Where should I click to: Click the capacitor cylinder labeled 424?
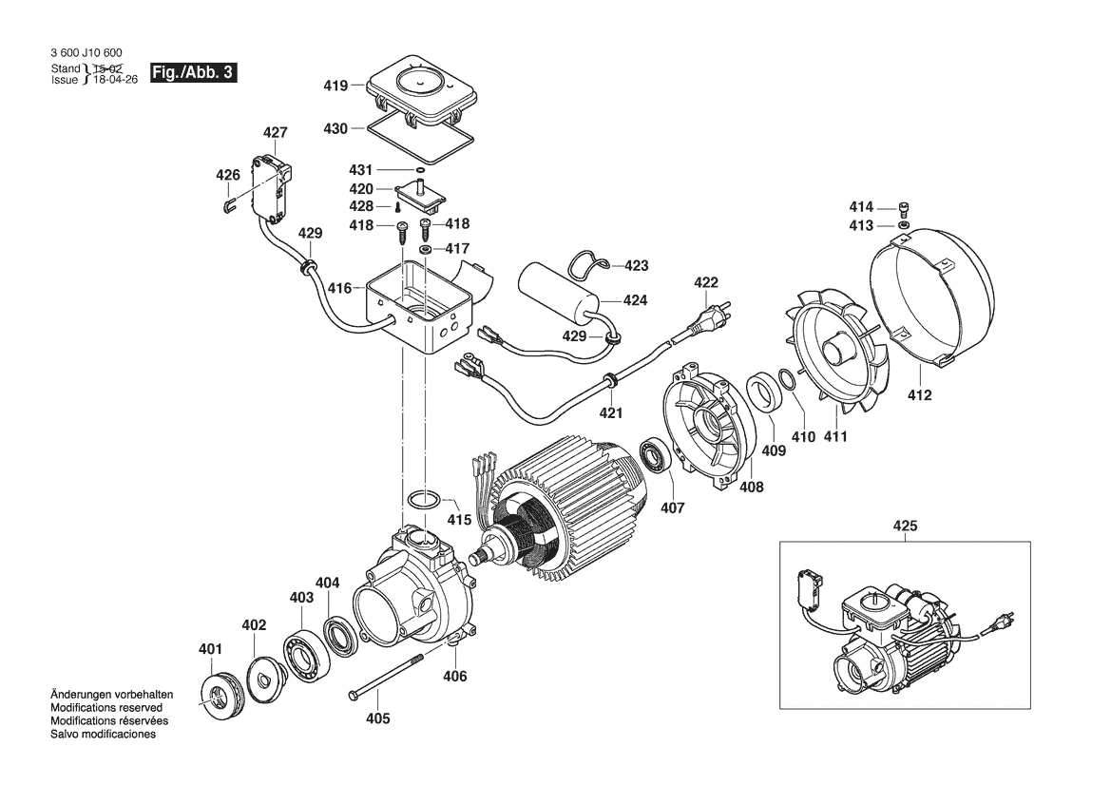coord(559,290)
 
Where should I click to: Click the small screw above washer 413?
coord(905,208)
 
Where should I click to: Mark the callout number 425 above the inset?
coord(905,525)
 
